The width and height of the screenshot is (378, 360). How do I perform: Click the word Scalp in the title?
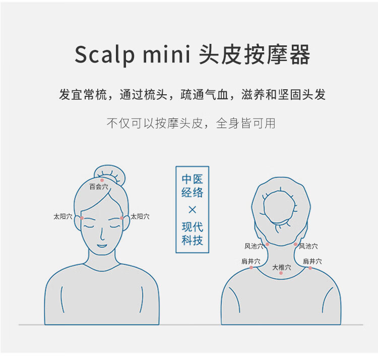104,54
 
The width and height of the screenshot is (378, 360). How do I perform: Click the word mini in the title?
167,54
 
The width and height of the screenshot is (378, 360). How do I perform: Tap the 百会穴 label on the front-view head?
99,187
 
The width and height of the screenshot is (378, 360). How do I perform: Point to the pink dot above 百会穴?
102,180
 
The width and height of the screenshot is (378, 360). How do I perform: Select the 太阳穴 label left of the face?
63,216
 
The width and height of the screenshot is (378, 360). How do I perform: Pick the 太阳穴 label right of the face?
140,216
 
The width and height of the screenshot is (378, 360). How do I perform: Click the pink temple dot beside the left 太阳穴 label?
82,218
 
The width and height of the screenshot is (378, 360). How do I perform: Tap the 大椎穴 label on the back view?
282,267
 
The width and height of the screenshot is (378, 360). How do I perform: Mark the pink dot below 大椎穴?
281,273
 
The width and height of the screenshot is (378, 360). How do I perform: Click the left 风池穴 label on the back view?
254,246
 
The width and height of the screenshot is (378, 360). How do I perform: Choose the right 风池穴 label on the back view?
308,246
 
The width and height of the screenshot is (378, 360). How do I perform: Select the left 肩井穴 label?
251,261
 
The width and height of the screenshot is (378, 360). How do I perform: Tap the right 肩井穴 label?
312,261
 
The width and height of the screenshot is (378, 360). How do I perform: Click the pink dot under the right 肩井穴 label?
310,268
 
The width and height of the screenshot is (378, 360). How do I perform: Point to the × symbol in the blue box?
193,210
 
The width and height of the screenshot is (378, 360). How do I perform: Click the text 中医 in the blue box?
193,179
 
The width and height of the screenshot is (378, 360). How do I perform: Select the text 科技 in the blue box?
193,240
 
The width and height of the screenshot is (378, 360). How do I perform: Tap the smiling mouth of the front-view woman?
102,246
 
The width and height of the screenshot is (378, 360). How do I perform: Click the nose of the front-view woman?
102,234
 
